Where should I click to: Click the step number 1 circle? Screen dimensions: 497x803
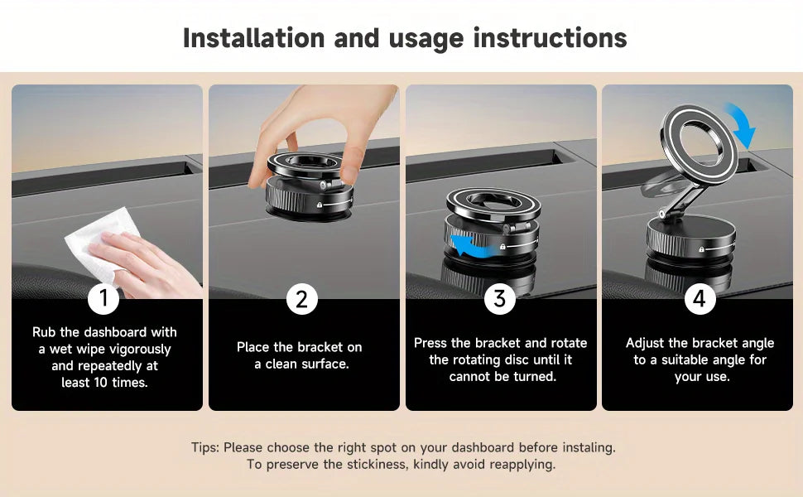point(103,298)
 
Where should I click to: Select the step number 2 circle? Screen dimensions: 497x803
point(301,298)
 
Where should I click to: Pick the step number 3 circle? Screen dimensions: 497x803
point(499,298)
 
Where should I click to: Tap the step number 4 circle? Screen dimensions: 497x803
point(700,298)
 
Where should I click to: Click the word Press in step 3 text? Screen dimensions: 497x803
point(431,343)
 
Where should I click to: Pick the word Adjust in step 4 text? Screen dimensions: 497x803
point(645,343)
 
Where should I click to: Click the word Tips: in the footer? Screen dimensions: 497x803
point(205,447)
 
